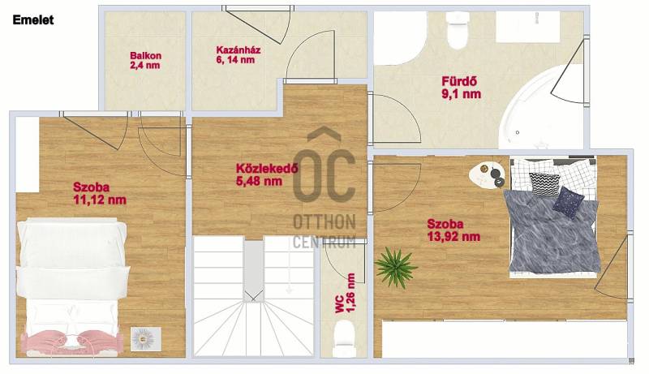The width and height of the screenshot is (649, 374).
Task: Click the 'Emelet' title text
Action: [x=33, y=19]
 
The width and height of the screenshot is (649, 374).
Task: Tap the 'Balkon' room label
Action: [x=146, y=55]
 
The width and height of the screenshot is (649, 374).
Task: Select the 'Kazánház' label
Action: [x=238, y=50]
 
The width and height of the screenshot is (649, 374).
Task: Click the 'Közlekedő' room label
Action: [x=267, y=169]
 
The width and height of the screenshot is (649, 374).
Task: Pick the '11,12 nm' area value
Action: [x=100, y=200]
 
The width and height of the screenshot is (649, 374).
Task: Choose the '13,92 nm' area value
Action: [x=453, y=237]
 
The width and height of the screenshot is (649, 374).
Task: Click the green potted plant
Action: [x=395, y=266]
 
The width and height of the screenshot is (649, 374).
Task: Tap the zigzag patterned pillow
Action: [x=544, y=183]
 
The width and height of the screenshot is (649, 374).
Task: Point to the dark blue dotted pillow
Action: [x=569, y=202]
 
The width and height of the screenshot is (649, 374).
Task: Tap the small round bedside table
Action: [x=485, y=175]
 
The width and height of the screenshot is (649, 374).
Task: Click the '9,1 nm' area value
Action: [x=461, y=94]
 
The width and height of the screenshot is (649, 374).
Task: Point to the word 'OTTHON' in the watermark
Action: [x=324, y=222]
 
